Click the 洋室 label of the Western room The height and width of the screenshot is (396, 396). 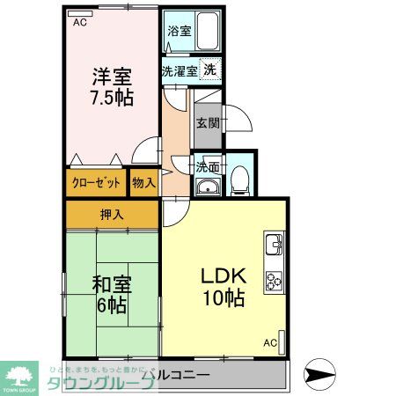[x=110, y=76]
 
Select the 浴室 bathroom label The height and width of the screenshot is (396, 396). [x=179, y=28]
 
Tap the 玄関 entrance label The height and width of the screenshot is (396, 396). [x=208, y=122]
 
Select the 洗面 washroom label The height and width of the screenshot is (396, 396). [x=208, y=165]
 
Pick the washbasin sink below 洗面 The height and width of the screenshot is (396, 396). [x=208, y=185]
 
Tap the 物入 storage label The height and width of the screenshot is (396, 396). [x=144, y=183]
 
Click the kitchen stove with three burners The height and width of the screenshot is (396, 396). [x=273, y=281]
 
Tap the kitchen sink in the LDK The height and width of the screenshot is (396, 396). [x=273, y=242]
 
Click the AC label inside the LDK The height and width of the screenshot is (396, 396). [x=270, y=342]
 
